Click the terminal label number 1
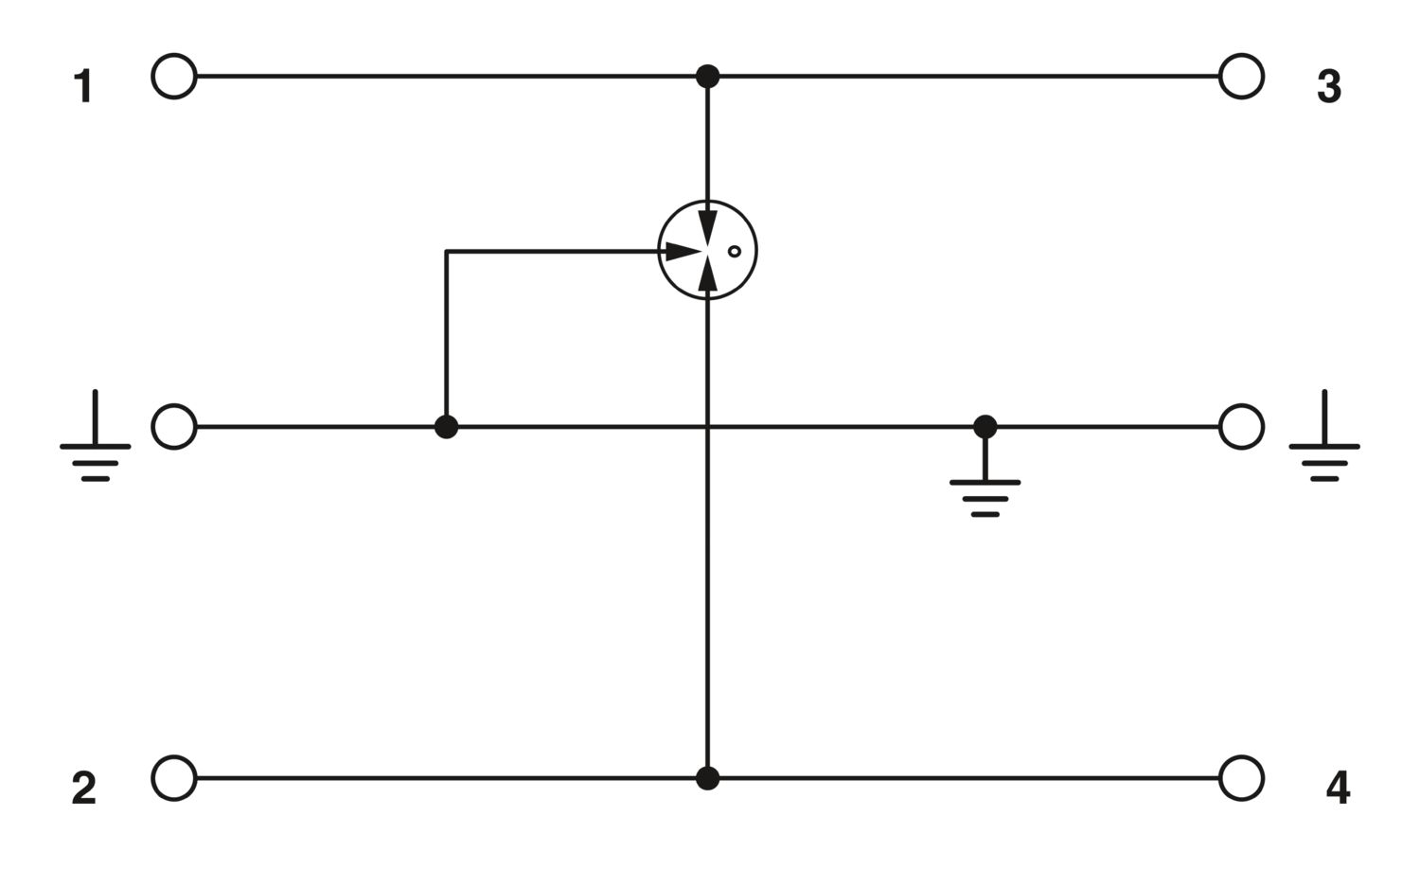point(84,87)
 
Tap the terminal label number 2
point(84,789)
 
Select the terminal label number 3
point(1329,87)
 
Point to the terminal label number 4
point(1338,789)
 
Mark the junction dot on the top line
point(707,77)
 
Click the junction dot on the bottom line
point(707,778)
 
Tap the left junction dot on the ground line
point(446,427)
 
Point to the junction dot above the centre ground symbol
point(985,427)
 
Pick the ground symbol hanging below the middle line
point(985,482)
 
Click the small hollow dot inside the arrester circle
point(734,252)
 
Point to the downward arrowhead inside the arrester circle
point(707,227)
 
